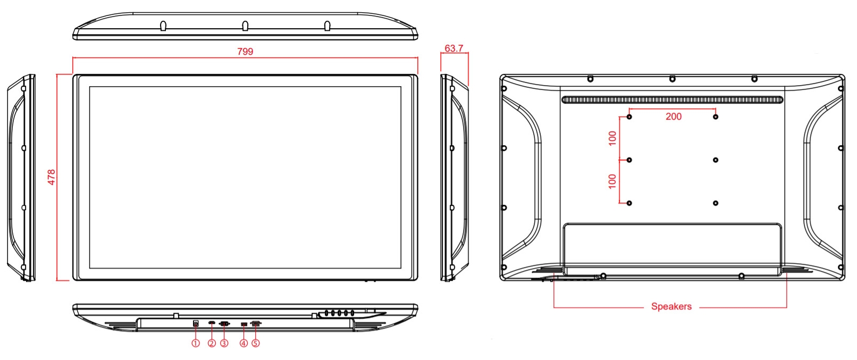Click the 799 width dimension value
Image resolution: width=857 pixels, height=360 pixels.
[x=245, y=52]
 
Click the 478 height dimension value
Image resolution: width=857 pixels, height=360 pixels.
[x=52, y=177]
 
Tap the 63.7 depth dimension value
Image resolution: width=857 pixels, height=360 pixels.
[x=454, y=48]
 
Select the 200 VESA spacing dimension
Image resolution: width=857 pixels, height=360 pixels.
[x=674, y=116]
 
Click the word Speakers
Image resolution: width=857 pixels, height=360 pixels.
[x=671, y=306]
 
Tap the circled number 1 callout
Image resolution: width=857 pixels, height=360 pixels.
[x=196, y=344]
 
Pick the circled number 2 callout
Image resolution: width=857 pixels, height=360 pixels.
[x=212, y=344]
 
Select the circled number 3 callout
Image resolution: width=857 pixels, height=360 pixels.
[x=224, y=344]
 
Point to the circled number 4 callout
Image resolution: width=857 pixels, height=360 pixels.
[x=243, y=344]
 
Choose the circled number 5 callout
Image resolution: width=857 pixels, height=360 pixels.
[x=256, y=344]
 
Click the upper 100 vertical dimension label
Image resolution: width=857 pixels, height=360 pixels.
[x=612, y=138]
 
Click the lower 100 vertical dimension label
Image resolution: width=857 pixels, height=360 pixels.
[x=612, y=181]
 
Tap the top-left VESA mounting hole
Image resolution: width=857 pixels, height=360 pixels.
[x=629, y=116]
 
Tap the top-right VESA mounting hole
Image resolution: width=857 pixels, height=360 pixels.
[x=716, y=116]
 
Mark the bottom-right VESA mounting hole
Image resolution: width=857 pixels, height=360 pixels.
[x=716, y=203]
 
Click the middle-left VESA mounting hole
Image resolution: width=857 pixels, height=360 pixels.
[x=629, y=160]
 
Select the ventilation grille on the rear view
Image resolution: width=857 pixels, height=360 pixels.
[x=672, y=100]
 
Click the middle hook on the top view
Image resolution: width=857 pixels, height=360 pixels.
[x=245, y=26]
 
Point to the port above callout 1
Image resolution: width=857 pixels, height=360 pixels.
[x=196, y=323]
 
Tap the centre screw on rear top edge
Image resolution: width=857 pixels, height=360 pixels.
[x=672, y=79]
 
